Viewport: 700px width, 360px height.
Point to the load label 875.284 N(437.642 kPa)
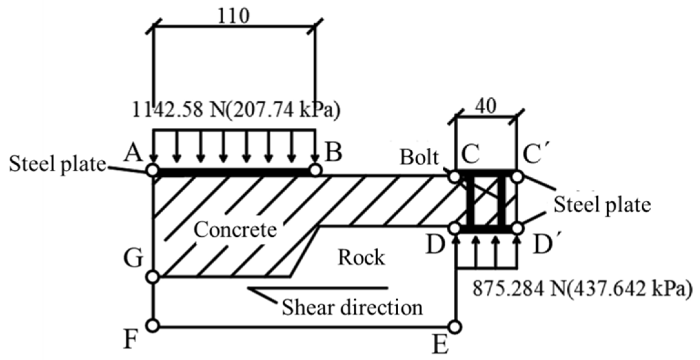pos(582,288)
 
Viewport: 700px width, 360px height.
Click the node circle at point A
pos(153,170)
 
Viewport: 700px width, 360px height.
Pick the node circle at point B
pos(315,170)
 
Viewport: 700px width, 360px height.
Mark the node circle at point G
pos(153,277)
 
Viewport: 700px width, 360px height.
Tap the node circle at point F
pos(153,325)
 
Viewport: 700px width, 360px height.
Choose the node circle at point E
pos(455,326)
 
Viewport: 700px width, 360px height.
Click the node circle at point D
pos(455,229)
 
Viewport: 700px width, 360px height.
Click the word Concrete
pos(235,230)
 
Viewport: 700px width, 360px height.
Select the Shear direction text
pos(352,307)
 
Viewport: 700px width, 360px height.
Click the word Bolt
pos(419,158)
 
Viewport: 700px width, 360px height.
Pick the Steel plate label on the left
pos(57,164)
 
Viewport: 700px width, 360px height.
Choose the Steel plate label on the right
pos(602,205)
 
